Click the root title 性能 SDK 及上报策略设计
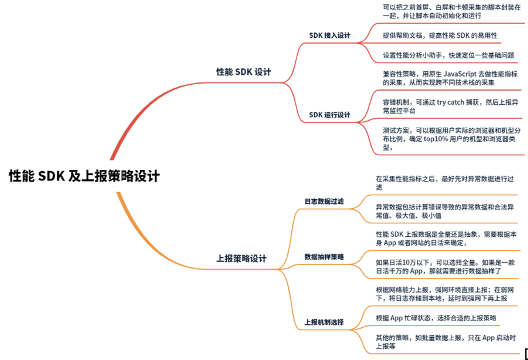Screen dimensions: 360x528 (84, 176)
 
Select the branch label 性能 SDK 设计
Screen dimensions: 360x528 (244, 72)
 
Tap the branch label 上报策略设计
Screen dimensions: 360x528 (241, 258)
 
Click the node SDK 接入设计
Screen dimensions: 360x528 (329, 35)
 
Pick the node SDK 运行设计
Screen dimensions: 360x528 (329, 115)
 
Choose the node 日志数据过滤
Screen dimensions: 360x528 (324, 201)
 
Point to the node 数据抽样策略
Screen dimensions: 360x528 (324, 257)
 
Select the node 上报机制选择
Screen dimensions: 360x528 (324, 322)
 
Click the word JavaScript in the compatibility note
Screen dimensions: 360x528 (460, 74)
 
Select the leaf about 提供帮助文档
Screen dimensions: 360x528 (440, 35)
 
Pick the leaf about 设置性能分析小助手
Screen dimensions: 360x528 (448, 55)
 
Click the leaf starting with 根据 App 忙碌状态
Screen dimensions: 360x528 (436, 318)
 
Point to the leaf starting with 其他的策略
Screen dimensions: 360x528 (445, 342)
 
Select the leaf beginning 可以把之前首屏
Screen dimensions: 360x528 (451, 11)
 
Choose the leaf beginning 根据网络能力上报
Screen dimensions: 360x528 (445, 294)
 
